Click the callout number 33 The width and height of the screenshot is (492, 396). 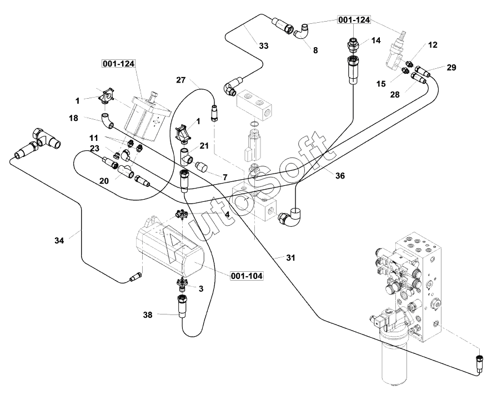coord(263,46)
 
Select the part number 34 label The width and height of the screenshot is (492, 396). coord(59,241)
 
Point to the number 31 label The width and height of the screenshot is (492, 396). coord(290,258)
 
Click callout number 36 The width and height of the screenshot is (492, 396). coord(340,175)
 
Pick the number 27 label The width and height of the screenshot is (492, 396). coord(182,80)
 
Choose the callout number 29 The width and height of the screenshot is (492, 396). coord(451,68)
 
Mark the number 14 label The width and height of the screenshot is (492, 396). coord(376,40)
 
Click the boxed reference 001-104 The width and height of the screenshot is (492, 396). coord(247,276)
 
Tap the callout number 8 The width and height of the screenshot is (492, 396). coord(315,50)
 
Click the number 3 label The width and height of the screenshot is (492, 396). coord(200,289)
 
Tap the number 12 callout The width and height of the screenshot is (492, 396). coord(433,44)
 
